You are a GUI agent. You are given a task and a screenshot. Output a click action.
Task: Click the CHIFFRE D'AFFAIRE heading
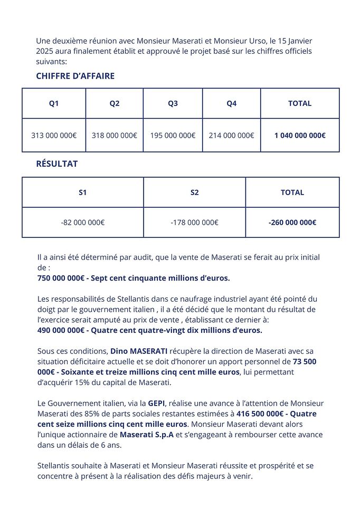pyautogui.click(x=75, y=76)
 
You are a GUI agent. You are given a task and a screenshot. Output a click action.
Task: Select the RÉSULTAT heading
pyautogui.click(x=56, y=164)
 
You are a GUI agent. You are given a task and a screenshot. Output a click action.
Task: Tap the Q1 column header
pyautogui.click(x=54, y=103)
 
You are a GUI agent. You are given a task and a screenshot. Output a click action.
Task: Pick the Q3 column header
pyautogui.click(x=173, y=103)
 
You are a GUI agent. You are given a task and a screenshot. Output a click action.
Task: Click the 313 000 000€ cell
pyautogui.click(x=54, y=135)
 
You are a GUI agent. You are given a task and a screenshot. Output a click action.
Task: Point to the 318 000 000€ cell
pyautogui.click(x=114, y=135)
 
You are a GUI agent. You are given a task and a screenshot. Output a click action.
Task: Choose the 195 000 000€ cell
pyautogui.click(x=173, y=135)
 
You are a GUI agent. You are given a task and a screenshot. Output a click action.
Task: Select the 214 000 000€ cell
pyautogui.click(x=231, y=135)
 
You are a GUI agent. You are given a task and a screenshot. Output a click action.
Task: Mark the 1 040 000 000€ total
pyautogui.click(x=300, y=135)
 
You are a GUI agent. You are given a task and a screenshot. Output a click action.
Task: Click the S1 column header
pyautogui.click(x=82, y=193)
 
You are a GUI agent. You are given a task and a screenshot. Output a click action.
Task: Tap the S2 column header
pyautogui.click(x=194, y=193)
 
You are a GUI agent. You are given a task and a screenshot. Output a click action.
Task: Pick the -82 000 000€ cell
pyautogui.click(x=82, y=222)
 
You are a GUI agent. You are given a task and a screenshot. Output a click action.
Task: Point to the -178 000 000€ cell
pyautogui.click(x=194, y=222)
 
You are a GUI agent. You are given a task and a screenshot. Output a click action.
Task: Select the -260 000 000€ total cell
pyautogui.click(x=292, y=222)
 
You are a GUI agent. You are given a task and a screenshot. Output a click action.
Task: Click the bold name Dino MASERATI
pyautogui.click(x=139, y=351)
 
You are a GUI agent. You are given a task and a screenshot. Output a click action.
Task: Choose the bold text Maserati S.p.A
pyautogui.click(x=147, y=435)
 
